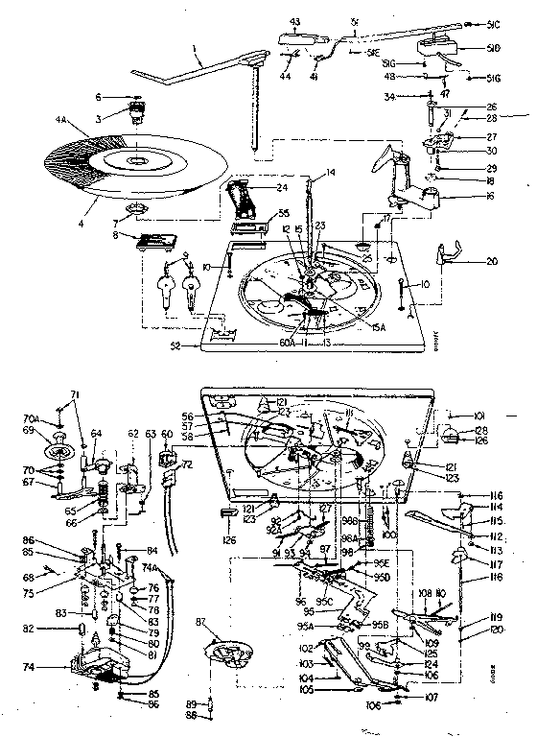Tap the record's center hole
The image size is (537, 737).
click(129, 158)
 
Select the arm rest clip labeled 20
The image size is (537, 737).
click(452, 251)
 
